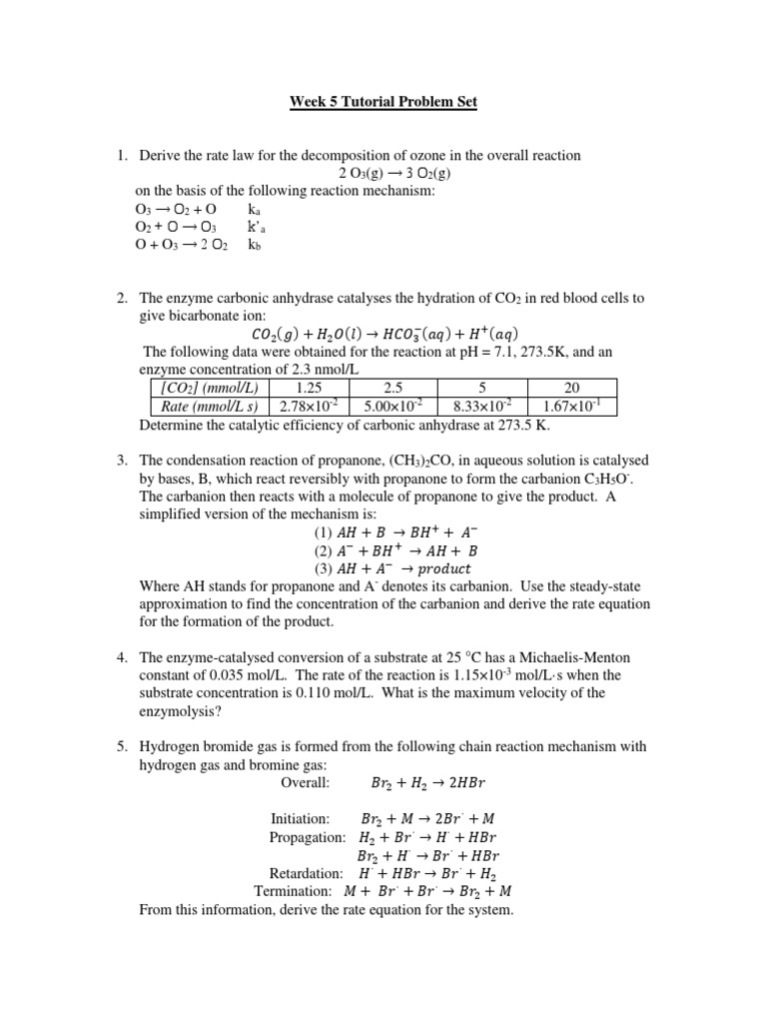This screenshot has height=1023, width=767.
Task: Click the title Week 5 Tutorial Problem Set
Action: pos(383,101)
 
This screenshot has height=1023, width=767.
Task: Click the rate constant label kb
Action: pos(255,245)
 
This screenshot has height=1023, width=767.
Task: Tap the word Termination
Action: pos(292,891)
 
